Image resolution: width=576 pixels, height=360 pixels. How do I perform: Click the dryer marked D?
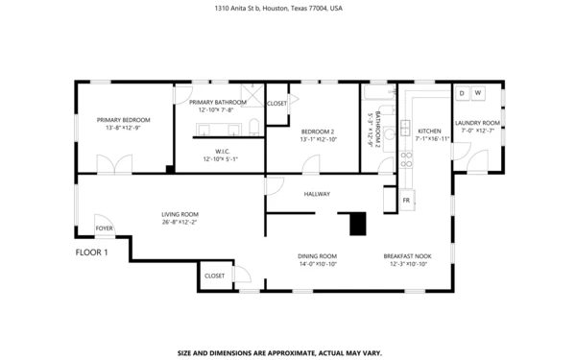[x=462, y=93]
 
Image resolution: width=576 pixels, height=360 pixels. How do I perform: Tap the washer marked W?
[x=478, y=93]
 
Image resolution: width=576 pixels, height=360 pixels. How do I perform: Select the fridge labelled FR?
[x=407, y=200]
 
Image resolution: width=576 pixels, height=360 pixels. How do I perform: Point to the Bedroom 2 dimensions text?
[x=317, y=139]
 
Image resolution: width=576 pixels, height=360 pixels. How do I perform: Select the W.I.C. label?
[x=221, y=151]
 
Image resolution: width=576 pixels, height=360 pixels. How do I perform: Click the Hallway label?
[x=317, y=194]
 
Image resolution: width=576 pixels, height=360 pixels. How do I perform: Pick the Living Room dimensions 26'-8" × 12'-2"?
[x=180, y=222]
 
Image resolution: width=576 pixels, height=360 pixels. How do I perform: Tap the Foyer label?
[x=104, y=228]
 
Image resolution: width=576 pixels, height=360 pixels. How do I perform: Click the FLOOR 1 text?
[x=92, y=252]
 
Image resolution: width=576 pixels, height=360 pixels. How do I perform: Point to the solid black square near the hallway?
[x=358, y=224]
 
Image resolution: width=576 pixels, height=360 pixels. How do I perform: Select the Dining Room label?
[x=317, y=255]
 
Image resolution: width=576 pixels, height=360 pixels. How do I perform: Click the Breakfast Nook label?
[x=408, y=255]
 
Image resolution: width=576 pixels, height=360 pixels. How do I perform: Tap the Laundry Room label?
[x=477, y=123]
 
